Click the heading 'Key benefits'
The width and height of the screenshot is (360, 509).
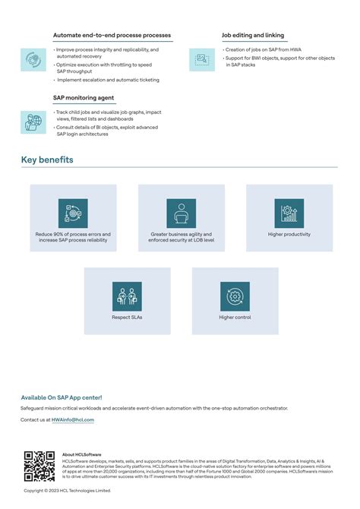(47, 160)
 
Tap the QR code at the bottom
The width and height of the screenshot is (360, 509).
(39, 466)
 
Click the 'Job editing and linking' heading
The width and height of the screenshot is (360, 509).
(253, 35)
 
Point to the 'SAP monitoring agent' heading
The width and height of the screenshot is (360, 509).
(83, 97)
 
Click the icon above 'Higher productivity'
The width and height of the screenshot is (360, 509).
(289, 213)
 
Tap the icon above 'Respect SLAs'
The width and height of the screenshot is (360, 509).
(127, 296)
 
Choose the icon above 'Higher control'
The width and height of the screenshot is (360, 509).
(235, 296)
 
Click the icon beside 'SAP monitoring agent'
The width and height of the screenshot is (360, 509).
(33, 122)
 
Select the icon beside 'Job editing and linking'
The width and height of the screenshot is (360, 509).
(202, 59)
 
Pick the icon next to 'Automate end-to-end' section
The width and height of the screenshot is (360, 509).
(33, 59)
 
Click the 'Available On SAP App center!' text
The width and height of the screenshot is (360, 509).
(62, 397)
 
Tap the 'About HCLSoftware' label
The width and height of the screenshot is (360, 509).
(82, 454)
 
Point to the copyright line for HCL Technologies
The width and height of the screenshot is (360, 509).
(67, 491)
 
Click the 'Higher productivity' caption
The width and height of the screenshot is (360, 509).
(289, 235)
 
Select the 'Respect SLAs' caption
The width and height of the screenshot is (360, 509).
(127, 318)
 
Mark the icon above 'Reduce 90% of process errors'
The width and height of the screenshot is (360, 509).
(73, 213)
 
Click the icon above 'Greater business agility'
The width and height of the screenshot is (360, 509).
(181, 213)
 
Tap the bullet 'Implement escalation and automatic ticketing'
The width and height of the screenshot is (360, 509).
(108, 80)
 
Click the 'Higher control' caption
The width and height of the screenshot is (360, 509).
(235, 318)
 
